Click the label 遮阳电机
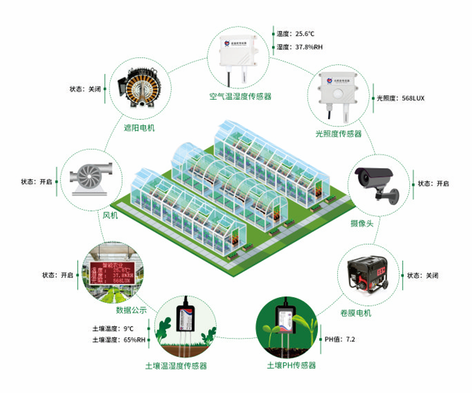tap(139, 128)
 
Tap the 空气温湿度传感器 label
tap(240, 96)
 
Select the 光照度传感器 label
tap(339, 133)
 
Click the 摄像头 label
tap(361, 223)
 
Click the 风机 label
tap(110, 215)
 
